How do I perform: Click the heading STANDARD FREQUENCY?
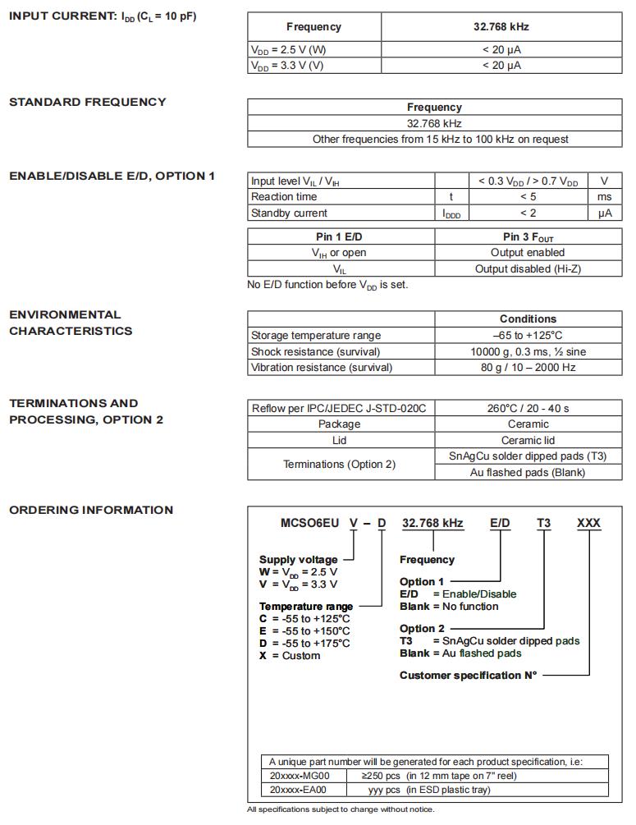click(87, 102)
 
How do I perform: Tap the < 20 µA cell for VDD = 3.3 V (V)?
click(501, 66)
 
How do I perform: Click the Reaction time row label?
click(284, 197)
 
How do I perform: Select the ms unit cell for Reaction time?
click(604, 197)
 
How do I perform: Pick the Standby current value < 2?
click(528, 213)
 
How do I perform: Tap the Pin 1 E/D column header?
click(340, 237)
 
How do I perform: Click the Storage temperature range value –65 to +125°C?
click(528, 336)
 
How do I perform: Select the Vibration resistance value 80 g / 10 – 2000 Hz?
click(528, 368)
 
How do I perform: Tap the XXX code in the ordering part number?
click(588, 523)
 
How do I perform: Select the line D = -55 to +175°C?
click(305, 644)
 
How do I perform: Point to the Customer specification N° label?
click(468, 676)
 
